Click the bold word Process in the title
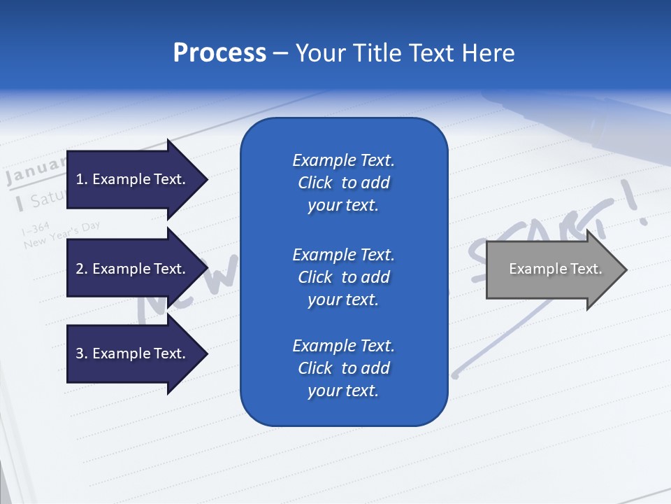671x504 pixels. pyautogui.click(x=219, y=53)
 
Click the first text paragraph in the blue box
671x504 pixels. pyautogui.click(x=343, y=183)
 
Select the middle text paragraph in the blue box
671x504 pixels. pyautogui.click(x=343, y=277)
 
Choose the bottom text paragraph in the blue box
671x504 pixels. pyautogui.click(x=343, y=368)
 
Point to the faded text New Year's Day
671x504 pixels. pyautogui.click(x=62, y=236)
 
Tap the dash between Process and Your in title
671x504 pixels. pyautogui.click(x=281, y=53)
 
